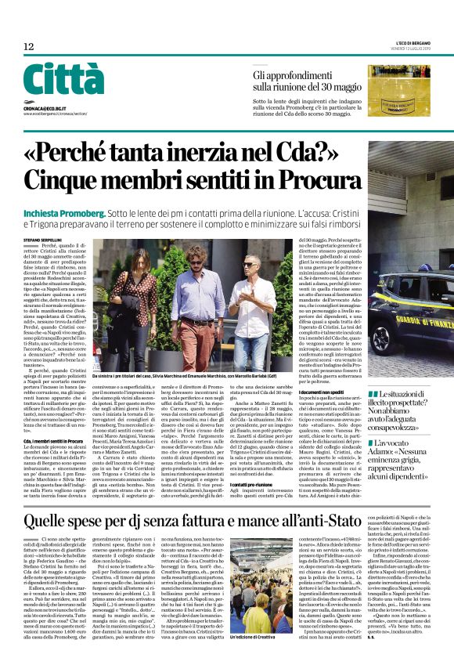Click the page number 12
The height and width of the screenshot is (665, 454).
point(29,47)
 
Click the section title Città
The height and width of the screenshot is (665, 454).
point(63,80)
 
